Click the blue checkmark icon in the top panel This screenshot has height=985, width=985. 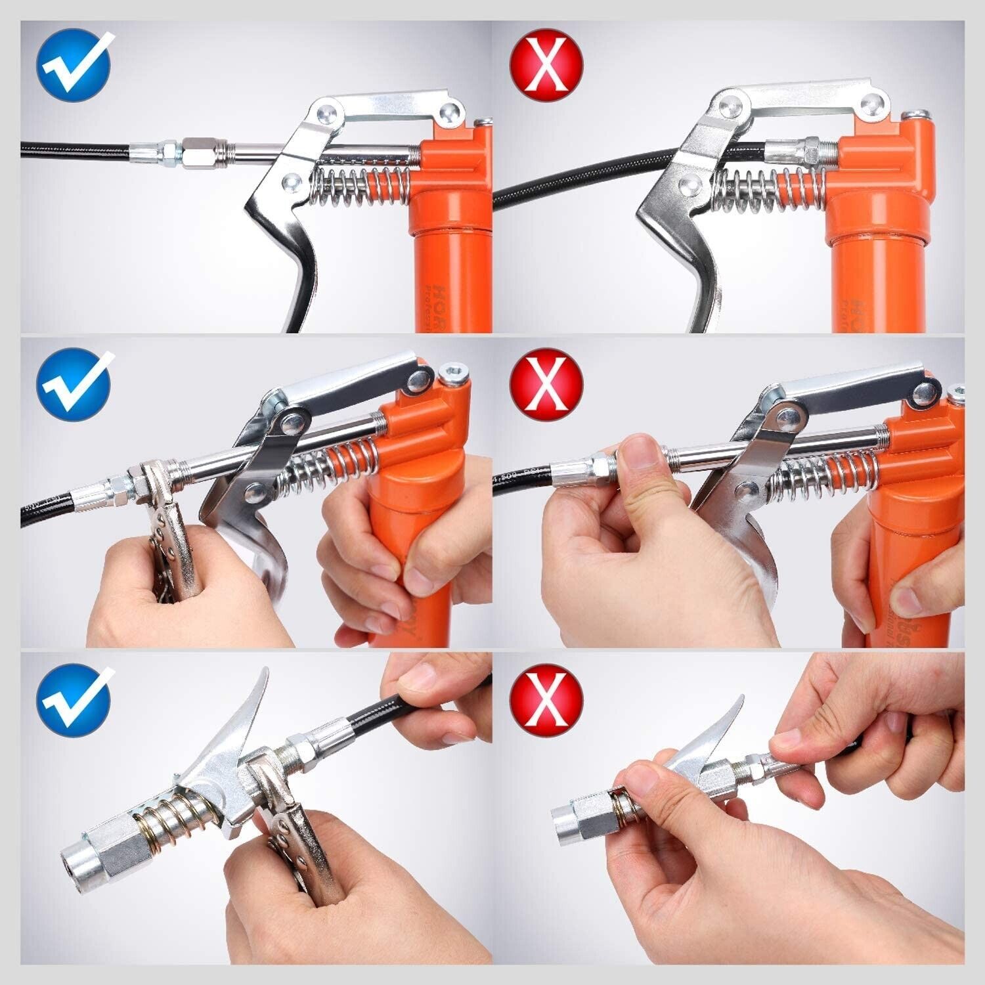(x=74, y=65)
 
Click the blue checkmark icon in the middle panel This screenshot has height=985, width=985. (x=74, y=385)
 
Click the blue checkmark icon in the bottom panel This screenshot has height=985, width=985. (x=74, y=701)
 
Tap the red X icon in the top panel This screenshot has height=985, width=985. (x=546, y=65)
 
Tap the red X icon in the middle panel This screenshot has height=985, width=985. (x=546, y=385)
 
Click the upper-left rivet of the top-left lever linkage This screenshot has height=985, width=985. (x=326, y=112)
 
